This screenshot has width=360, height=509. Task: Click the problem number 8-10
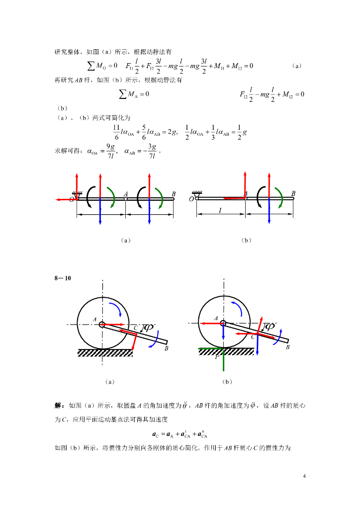tap(63, 278)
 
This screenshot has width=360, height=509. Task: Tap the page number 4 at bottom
tap(304, 477)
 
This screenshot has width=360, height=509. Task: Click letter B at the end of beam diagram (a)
tap(174, 193)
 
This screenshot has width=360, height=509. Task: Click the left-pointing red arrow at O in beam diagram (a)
tap(64, 199)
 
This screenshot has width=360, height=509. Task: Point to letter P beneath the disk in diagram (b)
tap(217, 357)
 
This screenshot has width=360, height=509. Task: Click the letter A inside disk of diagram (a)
tap(94, 319)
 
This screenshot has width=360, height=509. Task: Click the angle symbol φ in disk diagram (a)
tap(149, 328)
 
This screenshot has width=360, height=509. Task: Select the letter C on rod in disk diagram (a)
tap(135, 328)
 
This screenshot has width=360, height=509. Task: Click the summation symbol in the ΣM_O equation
tap(91, 66)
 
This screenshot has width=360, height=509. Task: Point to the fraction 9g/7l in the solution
tap(111, 151)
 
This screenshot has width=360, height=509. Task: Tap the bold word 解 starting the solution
tap(58, 406)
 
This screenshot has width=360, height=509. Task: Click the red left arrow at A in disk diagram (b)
tap(211, 323)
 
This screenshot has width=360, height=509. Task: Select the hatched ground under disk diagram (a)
tap(105, 352)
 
